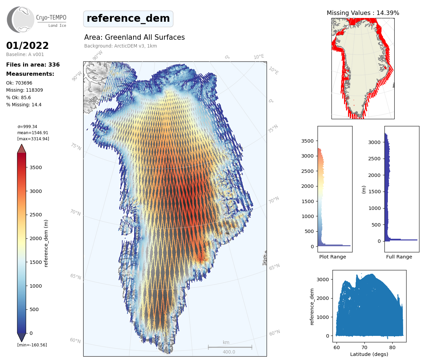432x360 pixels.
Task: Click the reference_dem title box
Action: pyautogui.click(x=128, y=19)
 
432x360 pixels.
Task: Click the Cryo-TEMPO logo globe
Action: pyautogui.click(x=21, y=20)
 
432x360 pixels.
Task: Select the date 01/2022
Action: pyautogui.click(x=28, y=46)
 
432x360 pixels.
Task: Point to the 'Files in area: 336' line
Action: pyautogui.click(x=33, y=65)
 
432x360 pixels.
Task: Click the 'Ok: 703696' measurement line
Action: pyautogui.click(x=19, y=83)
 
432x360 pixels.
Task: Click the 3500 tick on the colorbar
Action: pyautogui.click(x=36, y=167)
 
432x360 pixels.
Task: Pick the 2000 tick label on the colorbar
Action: pyautogui.click(x=36, y=238)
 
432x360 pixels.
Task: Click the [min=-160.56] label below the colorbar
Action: pyautogui.click(x=32, y=345)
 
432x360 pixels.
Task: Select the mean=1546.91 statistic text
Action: pyautogui.click(x=33, y=133)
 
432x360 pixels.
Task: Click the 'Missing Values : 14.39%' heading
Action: pyautogui.click(x=363, y=13)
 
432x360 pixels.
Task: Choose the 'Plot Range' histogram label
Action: pyautogui.click(x=332, y=257)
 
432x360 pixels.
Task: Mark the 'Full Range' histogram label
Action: pyautogui.click(x=399, y=257)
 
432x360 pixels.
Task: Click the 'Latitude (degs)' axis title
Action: pyautogui.click(x=369, y=354)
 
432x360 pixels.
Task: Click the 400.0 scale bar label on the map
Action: pyautogui.click(x=229, y=352)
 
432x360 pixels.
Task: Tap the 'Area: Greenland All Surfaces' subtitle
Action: pyautogui.click(x=134, y=37)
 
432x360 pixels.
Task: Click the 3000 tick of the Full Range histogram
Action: pyautogui.click(x=374, y=142)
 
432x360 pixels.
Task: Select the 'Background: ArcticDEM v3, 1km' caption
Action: pyautogui.click(x=121, y=46)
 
